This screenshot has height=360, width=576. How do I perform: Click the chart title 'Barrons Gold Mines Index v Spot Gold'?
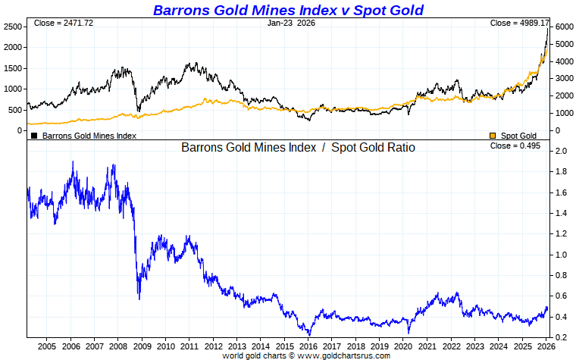(288, 10)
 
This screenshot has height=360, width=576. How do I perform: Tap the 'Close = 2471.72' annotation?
(63, 23)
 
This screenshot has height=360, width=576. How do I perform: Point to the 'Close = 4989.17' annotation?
(519, 23)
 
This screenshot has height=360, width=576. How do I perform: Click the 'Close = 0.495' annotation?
(515, 146)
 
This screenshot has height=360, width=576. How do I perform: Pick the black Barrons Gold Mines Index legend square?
(34, 136)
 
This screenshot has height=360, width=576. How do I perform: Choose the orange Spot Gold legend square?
(493, 136)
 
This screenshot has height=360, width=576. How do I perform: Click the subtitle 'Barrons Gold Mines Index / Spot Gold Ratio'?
(298, 148)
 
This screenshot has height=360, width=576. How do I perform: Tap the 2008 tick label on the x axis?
(117, 346)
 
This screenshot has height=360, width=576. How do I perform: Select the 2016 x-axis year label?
(308, 346)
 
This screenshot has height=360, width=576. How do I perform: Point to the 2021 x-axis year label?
(427, 346)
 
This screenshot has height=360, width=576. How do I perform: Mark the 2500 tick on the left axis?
(13, 27)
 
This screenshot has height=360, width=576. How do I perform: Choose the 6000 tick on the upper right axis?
(562, 27)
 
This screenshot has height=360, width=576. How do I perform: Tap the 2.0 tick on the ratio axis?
(561, 152)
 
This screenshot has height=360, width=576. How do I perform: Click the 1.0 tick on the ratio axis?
(561, 255)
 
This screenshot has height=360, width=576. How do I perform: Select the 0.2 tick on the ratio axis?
(561, 337)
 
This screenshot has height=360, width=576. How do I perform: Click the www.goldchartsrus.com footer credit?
(306, 355)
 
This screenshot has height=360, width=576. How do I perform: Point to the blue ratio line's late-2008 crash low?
(139, 299)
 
